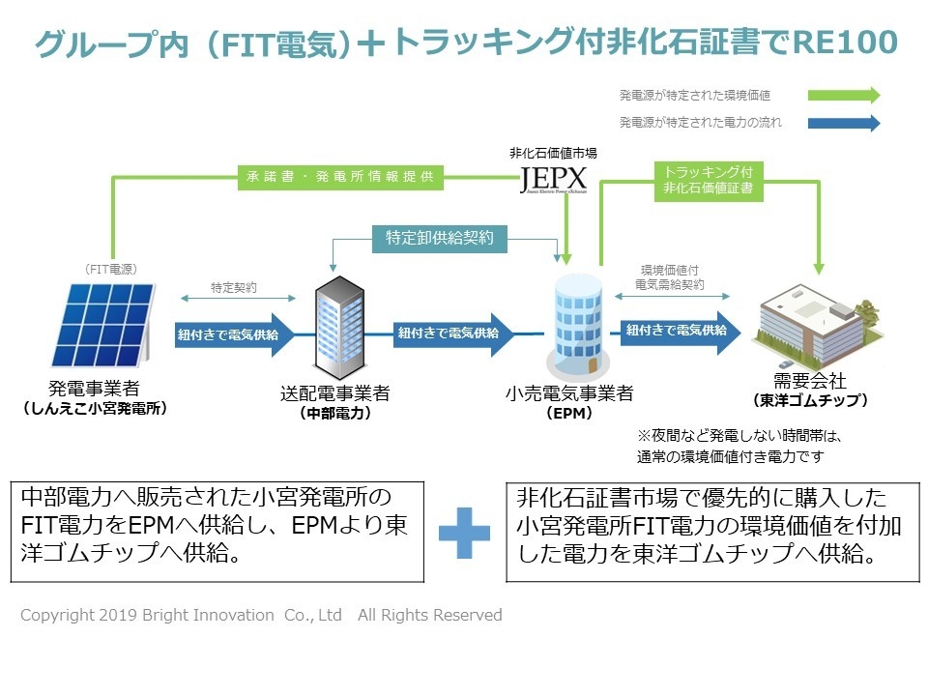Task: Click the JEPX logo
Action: [552, 180]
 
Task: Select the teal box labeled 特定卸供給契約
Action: [439, 237]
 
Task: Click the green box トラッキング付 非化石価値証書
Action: [709, 181]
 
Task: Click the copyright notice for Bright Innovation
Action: [261, 615]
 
